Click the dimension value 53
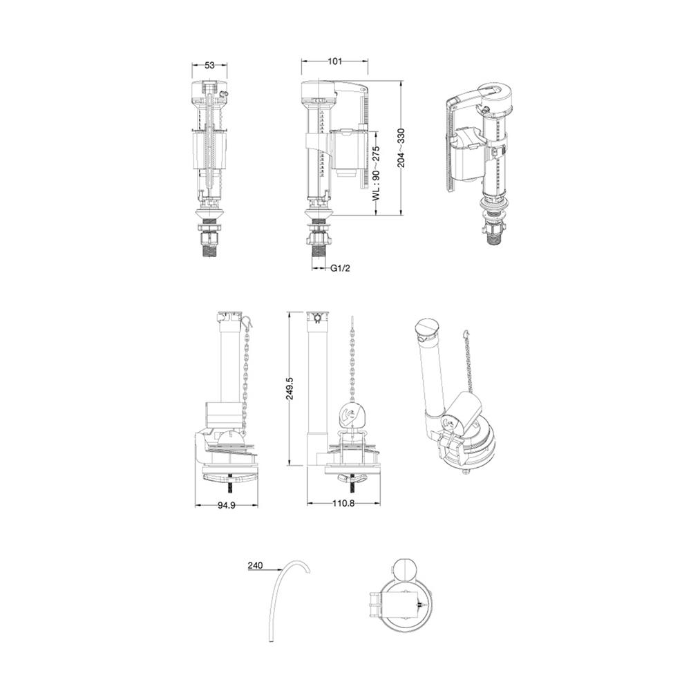pyautogui.click(x=209, y=65)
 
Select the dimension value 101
pyautogui.click(x=335, y=61)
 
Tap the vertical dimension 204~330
pyautogui.click(x=401, y=148)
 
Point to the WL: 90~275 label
pyautogui.click(x=375, y=173)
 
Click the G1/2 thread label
pyautogui.click(x=340, y=268)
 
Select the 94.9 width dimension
pyautogui.click(x=227, y=506)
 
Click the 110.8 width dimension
pyautogui.click(x=343, y=503)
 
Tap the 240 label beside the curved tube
pyautogui.click(x=255, y=565)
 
